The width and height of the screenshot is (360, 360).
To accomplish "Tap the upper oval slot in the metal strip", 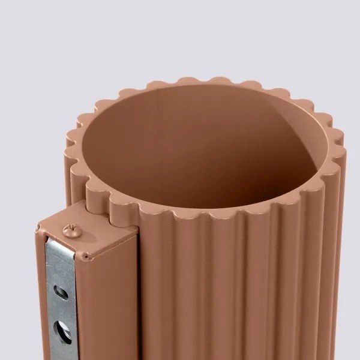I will click(61, 292).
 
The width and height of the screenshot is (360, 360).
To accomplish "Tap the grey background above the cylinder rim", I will click(180, 36).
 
